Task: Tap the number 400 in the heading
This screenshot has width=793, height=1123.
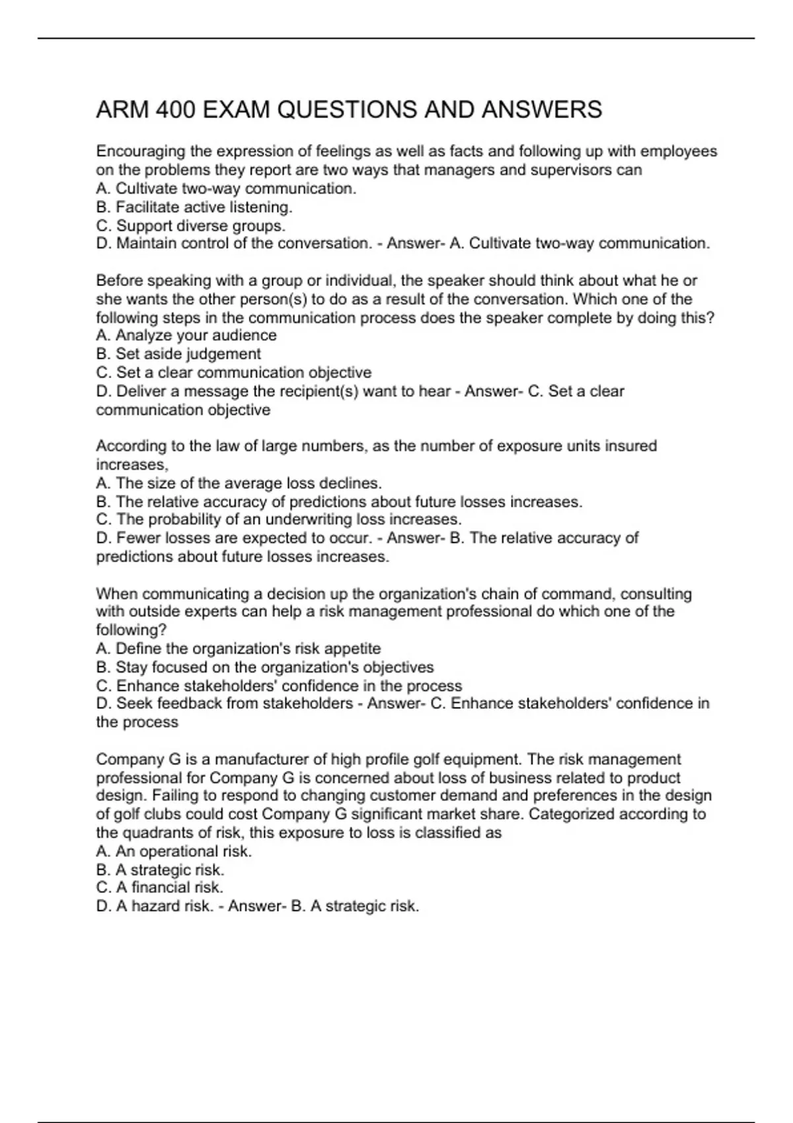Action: click(x=176, y=110)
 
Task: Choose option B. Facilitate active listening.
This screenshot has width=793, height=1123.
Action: click(x=194, y=207)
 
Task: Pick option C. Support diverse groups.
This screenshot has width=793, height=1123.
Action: click(x=191, y=226)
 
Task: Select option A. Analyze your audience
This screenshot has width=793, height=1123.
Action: click(x=186, y=336)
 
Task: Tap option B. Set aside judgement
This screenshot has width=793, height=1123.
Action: click(x=178, y=354)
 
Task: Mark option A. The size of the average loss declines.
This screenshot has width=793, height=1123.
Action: click(x=239, y=484)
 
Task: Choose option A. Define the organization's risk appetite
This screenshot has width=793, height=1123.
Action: click(x=239, y=649)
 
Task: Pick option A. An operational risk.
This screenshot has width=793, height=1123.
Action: click(x=174, y=851)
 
